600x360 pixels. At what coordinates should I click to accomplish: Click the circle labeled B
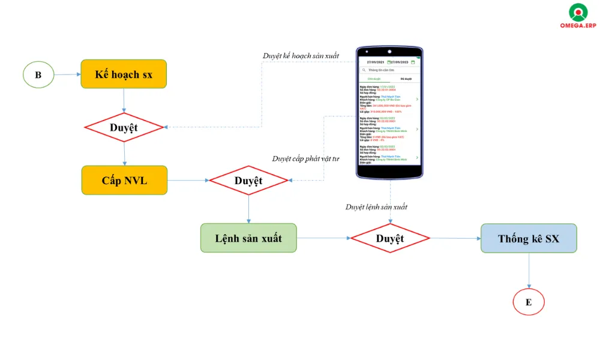click(38, 75)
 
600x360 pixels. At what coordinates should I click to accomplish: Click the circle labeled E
click(528, 302)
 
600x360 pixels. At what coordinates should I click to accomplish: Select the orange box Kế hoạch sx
click(124, 74)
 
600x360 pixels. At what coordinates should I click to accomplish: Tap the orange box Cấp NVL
click(124, 181)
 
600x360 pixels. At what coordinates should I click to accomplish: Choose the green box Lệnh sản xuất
click(248, 238)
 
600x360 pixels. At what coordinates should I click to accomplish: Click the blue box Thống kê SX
click(528, 238)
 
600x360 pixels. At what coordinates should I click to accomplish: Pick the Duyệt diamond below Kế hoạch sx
click(124, 127)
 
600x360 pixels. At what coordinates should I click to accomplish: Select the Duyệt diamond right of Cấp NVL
click(248, 181)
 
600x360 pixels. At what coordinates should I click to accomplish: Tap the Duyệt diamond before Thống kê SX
click(390, 238)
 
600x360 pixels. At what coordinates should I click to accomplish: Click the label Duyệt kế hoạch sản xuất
click(301, 56)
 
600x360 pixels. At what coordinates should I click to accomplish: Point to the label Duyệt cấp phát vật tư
click(305, 159)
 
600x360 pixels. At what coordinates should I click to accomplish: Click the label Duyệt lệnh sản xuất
click(376, 207)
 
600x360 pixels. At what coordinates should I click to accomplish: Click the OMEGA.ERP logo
click(578, 16)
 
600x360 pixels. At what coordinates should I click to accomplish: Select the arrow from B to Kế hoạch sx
click(67, 75)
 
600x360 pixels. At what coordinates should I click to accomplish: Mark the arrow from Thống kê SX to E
click(529, 270)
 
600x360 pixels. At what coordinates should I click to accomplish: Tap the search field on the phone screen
click(391, 70)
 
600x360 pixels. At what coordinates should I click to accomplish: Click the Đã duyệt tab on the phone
click(406, 79)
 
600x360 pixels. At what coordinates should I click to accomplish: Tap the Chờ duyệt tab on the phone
click(374, 79)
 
